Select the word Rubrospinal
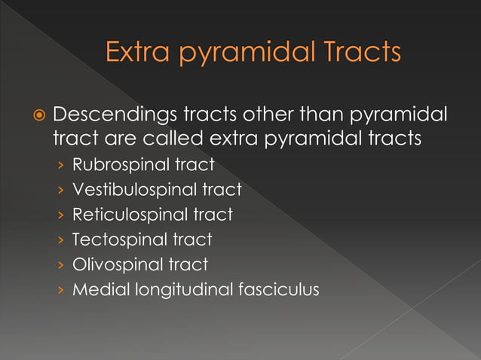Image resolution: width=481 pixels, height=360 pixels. point(115,164)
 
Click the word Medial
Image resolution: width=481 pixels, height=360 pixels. point(97,289)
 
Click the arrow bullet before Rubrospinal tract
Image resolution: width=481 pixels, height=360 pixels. point(60,165)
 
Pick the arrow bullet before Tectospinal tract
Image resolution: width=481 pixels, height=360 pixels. point(60,240)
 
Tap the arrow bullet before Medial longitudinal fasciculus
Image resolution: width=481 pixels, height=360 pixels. point(60,290)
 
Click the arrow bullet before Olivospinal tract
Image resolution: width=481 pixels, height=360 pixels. point(60,265)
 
